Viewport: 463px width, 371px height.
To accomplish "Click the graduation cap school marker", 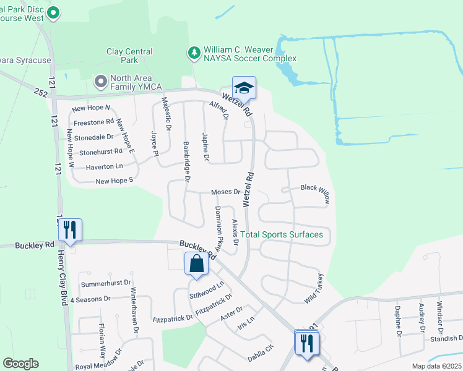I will [244, 88].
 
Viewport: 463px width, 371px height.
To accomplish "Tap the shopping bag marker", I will [196, 263].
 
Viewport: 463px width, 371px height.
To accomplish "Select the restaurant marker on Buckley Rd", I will [69, 231].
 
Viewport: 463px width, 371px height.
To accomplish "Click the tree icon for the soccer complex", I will [195, 53].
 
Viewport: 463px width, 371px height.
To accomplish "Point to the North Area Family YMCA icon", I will [100, 81].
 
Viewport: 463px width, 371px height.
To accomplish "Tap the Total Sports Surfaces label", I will [282, 234].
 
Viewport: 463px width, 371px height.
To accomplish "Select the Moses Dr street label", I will [225, 192].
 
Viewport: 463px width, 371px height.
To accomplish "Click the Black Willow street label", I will [316, 194].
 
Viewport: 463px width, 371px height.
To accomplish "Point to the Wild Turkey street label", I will [314, 288].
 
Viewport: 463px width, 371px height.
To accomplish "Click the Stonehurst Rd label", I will [101, 151].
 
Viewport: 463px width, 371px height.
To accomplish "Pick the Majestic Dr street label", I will [165, 113].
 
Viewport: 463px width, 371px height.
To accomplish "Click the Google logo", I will [20, 364].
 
